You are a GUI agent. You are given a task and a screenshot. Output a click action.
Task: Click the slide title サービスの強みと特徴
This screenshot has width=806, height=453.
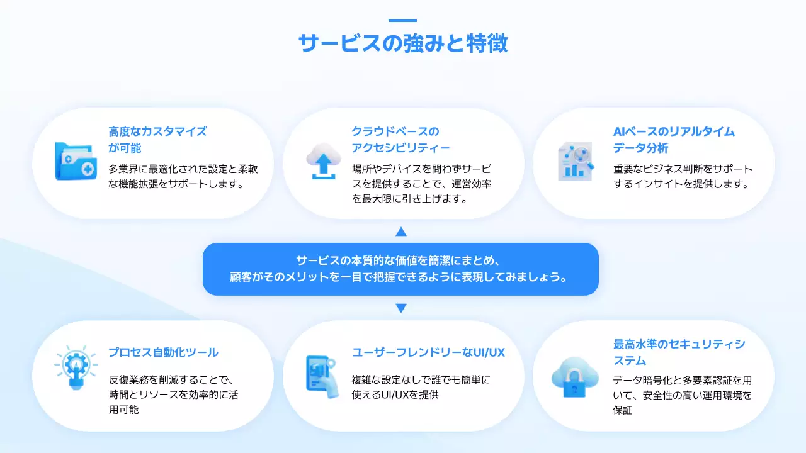click(403, 44)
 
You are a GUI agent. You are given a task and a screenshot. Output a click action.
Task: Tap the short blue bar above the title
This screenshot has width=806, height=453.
click(403, 20)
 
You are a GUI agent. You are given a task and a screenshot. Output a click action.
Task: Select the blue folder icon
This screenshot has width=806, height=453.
click(76, 161)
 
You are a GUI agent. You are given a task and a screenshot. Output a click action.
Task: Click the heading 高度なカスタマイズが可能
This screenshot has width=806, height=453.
click(157, 140)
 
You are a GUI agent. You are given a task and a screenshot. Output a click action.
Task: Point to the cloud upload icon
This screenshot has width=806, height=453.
click(322, 161)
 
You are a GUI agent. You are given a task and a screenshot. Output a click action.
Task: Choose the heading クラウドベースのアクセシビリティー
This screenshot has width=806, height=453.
click(400, 140)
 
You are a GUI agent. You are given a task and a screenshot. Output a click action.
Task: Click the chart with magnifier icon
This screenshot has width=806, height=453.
click(576, 161)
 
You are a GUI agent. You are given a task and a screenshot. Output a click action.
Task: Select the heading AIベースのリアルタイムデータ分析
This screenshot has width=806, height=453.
click(674, 140)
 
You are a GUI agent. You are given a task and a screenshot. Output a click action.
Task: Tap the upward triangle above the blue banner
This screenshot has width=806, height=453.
click(401, 232)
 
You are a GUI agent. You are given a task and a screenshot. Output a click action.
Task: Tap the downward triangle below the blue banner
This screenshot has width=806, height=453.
click(401, 308)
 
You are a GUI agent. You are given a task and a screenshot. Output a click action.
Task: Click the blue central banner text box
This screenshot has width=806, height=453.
click(400, 269)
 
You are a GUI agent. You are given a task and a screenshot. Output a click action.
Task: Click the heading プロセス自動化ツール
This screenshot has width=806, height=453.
click(163, 352)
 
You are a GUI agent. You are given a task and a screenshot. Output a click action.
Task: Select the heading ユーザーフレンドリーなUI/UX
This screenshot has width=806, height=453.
click(428, 352)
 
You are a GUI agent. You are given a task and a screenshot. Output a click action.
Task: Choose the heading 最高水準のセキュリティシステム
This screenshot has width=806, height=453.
click(679, 352)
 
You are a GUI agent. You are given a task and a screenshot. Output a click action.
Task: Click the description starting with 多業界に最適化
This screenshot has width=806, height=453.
click(183, 177)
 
